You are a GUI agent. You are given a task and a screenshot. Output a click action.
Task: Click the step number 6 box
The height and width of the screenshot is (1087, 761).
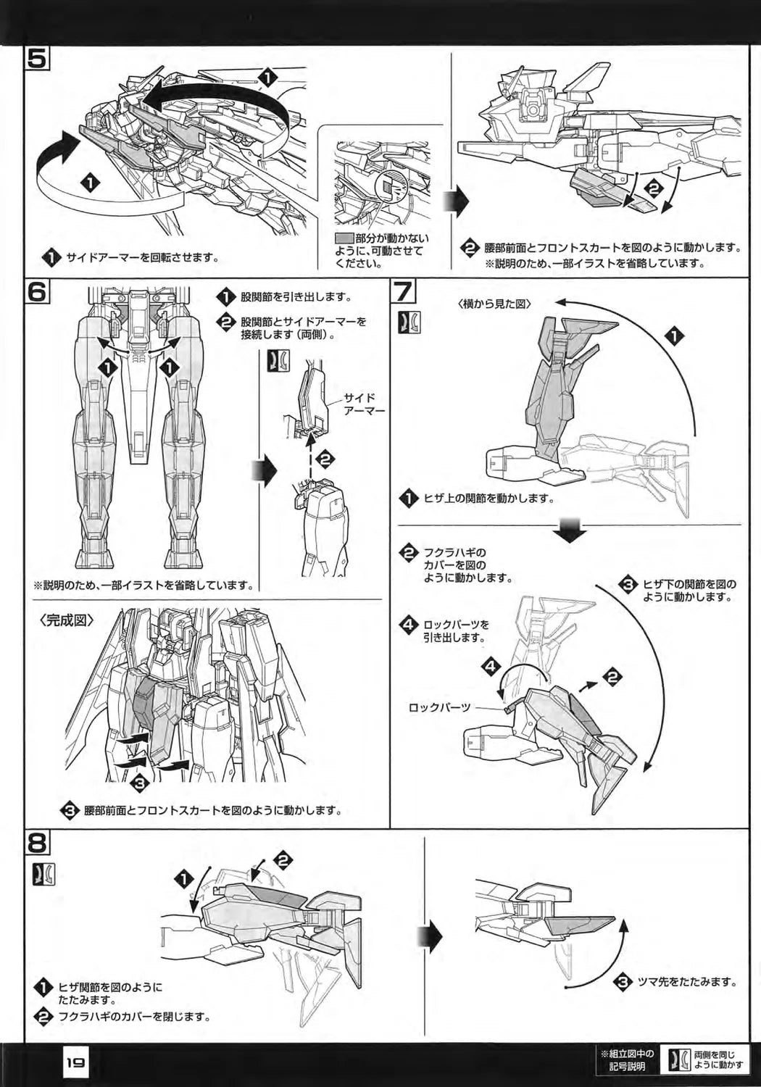pyautogui.click(x=36, y=291)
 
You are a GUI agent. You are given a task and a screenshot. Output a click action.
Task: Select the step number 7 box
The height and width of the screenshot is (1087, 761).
pyautogui.click(x=404, y=292)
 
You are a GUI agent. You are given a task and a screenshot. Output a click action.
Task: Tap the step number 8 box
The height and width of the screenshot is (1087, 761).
pyautogui.click(x=37, y=843)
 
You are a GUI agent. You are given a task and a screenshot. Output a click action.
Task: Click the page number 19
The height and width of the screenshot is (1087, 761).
pyautogui.click(x=75, y=1063)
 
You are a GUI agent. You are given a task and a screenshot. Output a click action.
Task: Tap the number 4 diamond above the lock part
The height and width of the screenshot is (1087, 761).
pyautogui.click(x=491, y=665)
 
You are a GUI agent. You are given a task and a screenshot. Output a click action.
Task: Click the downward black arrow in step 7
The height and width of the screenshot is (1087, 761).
pyautogui.click(x=570, y=530)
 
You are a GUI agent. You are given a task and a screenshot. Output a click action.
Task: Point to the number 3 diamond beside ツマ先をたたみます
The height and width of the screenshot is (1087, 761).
pyautogui.click(x=621, y=983)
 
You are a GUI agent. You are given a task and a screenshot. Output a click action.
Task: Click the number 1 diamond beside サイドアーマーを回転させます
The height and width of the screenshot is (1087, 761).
pyautogui.click(x=52, y=257)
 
